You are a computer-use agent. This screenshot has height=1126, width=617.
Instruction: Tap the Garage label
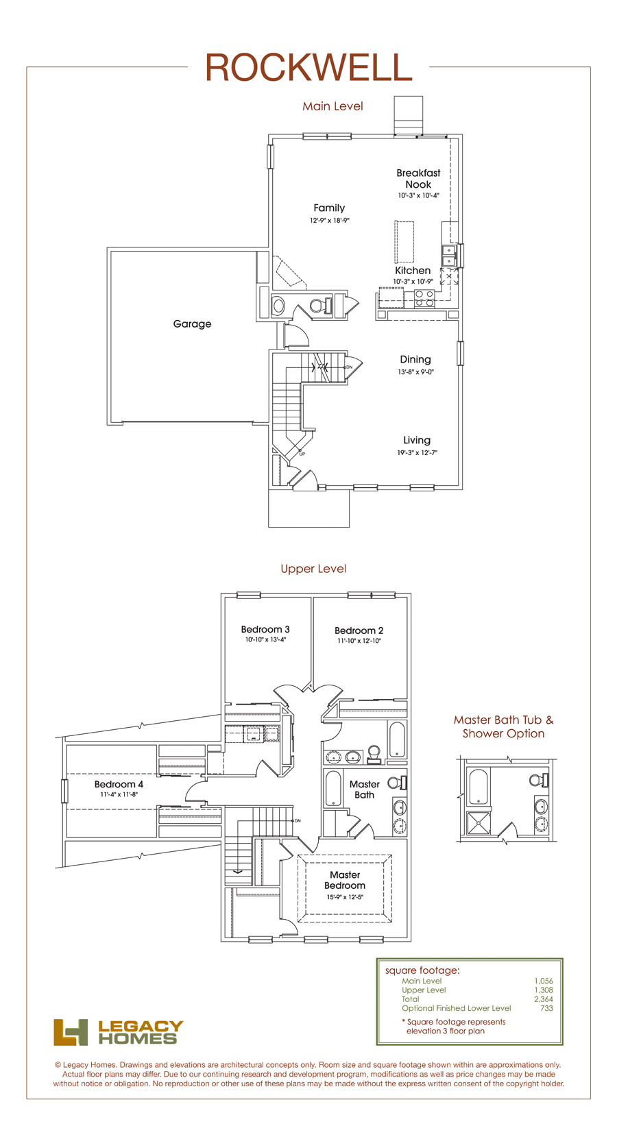pos(192,324)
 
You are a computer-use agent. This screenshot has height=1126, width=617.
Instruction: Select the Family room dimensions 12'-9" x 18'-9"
pos(329,220)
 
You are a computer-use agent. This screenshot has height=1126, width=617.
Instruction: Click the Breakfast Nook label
pos(418,179)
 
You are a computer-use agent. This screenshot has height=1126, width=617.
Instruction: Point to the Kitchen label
pos(413,271)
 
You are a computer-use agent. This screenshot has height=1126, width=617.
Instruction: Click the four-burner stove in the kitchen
pos(424,298)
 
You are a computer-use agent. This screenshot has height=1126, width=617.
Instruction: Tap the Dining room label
pos(415,359)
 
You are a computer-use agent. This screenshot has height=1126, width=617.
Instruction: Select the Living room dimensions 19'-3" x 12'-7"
pos(418,452)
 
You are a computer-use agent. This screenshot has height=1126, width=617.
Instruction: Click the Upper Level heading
pos(313,569)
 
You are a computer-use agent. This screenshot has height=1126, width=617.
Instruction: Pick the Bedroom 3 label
pos(265,629)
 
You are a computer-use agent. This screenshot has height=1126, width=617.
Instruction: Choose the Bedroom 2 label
pos(359,631)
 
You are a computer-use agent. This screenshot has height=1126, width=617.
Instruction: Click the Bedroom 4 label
pos(119,784)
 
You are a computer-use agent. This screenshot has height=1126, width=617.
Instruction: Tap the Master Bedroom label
pos(345,880)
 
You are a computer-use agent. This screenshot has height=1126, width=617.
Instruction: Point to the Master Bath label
pos(365,790)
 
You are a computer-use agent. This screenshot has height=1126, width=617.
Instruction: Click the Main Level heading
pos(333,106)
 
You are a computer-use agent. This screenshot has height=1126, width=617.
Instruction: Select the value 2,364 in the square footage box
pos(544,999)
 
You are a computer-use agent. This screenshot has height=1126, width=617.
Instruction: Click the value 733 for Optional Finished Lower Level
pos(546,1008)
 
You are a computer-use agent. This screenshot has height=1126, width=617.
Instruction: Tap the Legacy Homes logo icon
pos(71,1033)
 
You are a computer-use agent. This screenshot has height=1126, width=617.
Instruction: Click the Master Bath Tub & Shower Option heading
pos(503,727)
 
